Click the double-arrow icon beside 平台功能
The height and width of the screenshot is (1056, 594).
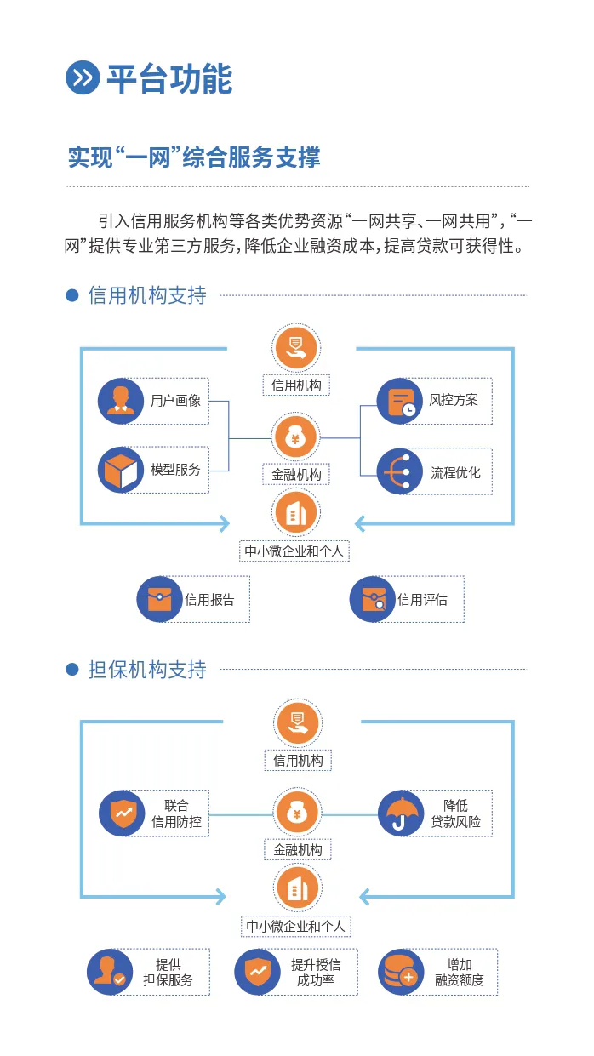tap(83, 77)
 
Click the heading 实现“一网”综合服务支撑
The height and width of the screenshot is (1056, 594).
tap(194, 157)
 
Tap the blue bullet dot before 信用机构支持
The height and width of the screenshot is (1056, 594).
tap(72, 295)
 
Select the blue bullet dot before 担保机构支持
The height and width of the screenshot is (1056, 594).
tap(72, 670)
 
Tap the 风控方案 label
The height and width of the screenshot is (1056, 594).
tap(454, 400)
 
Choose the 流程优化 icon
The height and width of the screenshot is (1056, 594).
tap(400, 471)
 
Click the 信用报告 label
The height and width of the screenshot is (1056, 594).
tap(209, 600)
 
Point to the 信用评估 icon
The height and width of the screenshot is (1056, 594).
tap(372, 599)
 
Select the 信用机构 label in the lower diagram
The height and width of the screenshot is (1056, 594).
tap(298, 761)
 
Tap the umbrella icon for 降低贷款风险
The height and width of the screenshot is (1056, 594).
tap(400, 813)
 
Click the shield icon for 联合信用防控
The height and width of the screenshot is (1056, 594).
tap(122, 813)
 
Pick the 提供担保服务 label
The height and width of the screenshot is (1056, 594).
tap(168, 972)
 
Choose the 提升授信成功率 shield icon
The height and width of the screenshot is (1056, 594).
tap(257, 972)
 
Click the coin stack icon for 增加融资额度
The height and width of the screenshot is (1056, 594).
tap(400, 972)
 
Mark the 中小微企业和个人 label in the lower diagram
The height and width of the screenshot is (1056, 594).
tap(297, 926)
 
